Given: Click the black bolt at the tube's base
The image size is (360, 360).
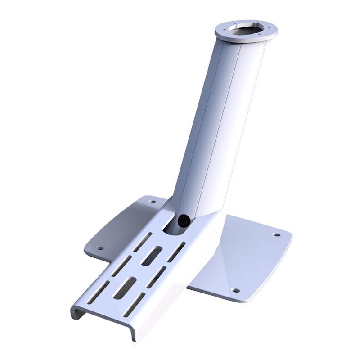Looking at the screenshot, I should tap(184, 221).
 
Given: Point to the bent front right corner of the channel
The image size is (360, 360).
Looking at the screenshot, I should tap(131, 333).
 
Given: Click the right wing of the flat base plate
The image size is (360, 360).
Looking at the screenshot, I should tap(252, 256).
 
